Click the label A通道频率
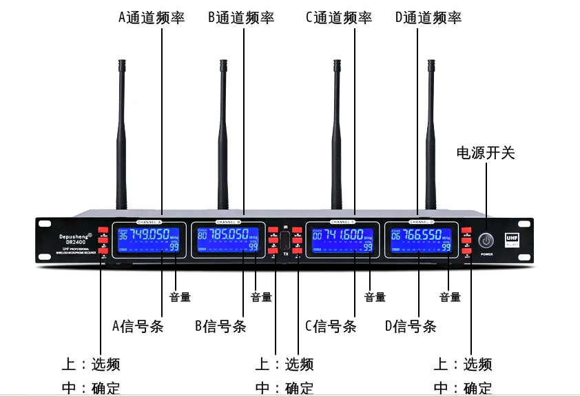tap(151, 17)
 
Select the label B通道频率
tap(240, 17)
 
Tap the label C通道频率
tap(338, 17)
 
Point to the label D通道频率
tap(428, 17)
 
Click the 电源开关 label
tap(485, 152)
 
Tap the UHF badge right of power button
tap(512, 236)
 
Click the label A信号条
tap(137, 326)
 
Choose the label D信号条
tap(411, 326)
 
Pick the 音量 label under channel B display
tap(261, 297)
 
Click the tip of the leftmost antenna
tap(122, 64)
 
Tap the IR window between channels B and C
tap(285, 242)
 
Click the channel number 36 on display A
tap(123, 235)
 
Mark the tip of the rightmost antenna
tap(432, 64)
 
